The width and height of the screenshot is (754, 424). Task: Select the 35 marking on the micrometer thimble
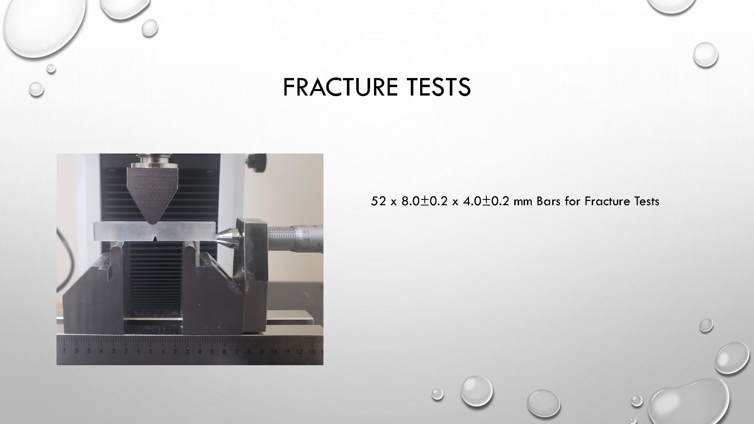[x=307, y=241]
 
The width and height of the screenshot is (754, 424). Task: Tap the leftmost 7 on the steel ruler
[x=64, y=351]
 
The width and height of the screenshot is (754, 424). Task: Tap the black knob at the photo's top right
[x=258, y=160]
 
